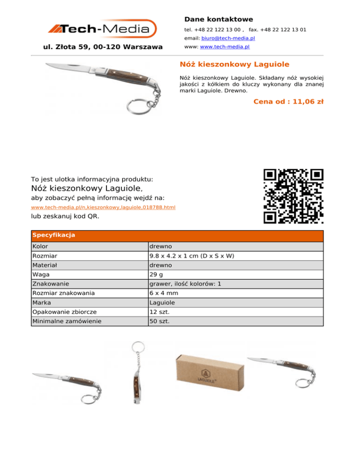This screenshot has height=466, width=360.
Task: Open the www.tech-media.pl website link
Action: [225, 47]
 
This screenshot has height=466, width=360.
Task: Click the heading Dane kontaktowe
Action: [218, 19]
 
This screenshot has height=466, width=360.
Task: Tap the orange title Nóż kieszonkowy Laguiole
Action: [234, 64]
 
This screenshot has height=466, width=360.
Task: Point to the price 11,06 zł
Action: [288, 101]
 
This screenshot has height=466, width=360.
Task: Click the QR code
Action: [293, 196]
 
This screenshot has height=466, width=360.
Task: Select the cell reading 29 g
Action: [156, 274]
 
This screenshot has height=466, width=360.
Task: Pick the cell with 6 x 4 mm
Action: [164, 293]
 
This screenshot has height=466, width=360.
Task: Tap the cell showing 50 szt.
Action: [159, 321]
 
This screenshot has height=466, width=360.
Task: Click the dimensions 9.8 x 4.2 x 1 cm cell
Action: [191, 256]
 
